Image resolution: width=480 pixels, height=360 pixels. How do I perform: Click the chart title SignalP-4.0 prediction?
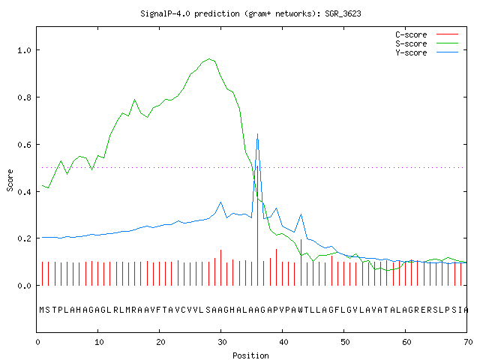190,13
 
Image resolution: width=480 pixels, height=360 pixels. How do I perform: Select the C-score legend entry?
427,34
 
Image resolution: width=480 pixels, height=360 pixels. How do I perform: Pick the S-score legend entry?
427,43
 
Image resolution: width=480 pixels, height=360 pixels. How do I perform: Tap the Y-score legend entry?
427,52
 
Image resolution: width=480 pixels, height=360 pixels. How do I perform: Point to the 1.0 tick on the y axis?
24,50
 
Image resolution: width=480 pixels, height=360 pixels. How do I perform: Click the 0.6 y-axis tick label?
24,145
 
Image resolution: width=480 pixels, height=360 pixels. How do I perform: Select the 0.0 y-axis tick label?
24,286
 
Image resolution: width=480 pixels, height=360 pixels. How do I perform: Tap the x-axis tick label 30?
222,342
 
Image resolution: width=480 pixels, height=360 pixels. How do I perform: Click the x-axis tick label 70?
468,342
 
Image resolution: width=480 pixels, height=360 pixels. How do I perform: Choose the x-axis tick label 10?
99,342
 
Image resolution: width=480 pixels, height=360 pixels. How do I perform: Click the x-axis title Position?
250,355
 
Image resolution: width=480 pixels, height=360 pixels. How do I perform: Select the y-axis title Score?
10,181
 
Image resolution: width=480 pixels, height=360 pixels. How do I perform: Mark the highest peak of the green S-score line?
209,58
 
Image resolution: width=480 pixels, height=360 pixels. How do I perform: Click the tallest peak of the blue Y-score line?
258,134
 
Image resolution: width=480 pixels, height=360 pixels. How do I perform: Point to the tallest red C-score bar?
258,226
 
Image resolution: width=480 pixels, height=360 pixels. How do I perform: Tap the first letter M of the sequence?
42,310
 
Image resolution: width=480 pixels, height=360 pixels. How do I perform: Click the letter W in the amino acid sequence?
301,310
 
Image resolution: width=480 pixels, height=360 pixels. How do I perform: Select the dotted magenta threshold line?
253,167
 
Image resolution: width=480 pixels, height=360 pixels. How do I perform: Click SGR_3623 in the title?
343,13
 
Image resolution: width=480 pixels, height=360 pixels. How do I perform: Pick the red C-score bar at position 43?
301,262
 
